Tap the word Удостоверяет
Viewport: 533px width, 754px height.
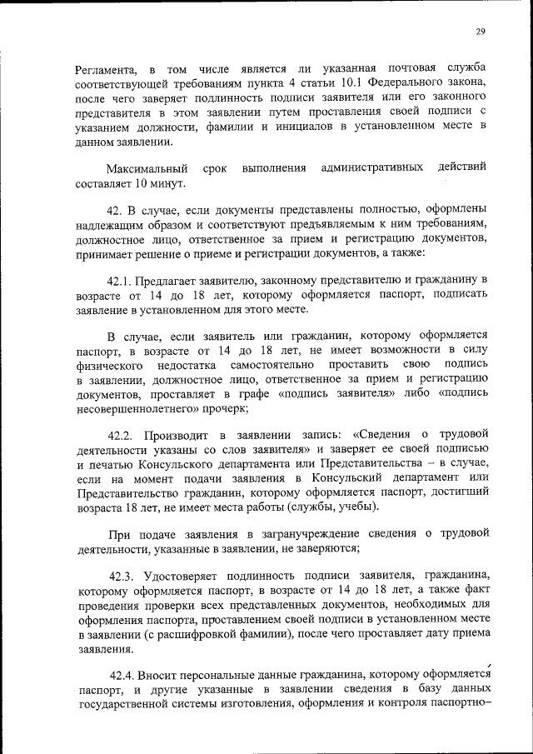tap(192, 576)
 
